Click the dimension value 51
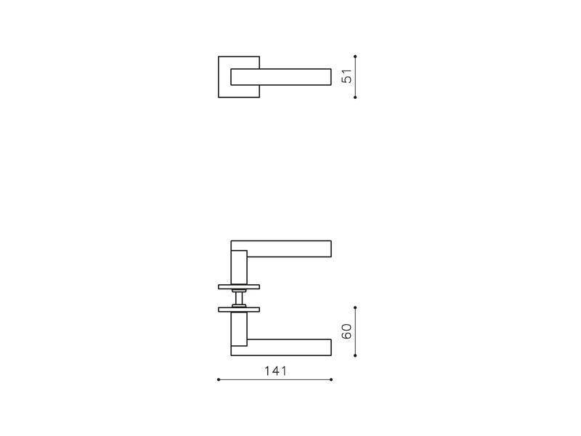347,76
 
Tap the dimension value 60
347,331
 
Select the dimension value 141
275,371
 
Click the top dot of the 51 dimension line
355,57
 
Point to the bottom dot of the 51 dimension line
355,97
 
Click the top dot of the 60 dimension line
355,307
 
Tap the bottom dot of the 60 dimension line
355,355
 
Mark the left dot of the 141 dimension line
219,379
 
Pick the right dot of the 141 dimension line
331,379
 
